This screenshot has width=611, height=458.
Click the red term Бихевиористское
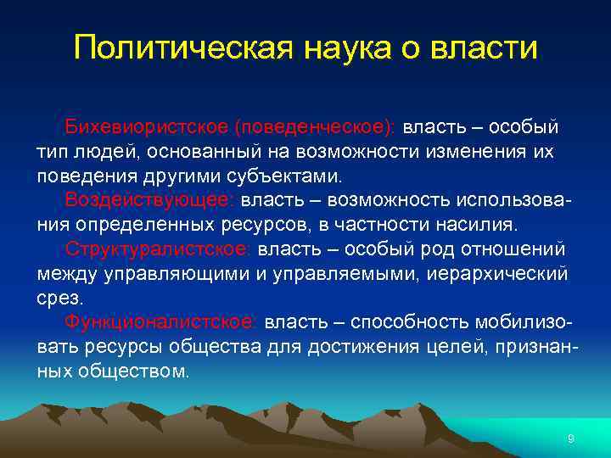(x=147, y=127)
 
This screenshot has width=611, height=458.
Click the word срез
(x=59, y=299)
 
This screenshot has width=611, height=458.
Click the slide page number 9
(x=570, y=438)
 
